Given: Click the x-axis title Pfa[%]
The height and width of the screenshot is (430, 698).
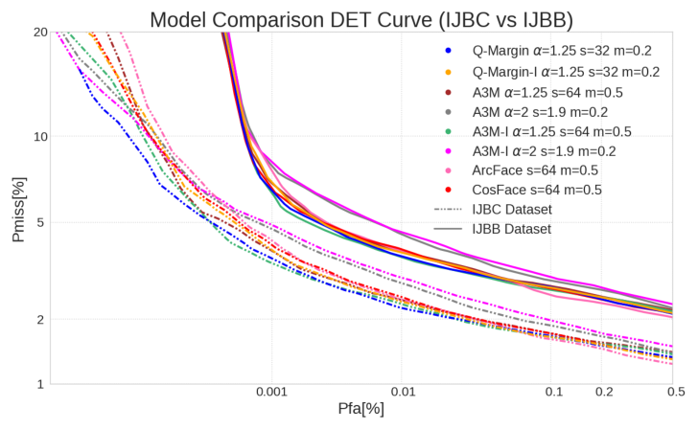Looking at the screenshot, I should pos(361,409).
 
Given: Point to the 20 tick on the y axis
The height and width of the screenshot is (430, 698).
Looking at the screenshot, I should pos(39,32).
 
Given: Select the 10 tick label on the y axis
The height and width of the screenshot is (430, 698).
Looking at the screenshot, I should pos(39,136).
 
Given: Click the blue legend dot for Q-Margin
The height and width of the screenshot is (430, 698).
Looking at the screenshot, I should pos(448,51).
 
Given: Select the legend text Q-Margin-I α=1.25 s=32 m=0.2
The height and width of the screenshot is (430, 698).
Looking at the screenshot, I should pos(566,72).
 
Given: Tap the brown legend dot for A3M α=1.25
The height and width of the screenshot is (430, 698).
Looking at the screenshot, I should pos(448,93).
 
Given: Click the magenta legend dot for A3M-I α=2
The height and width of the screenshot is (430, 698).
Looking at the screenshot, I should pos(448,150).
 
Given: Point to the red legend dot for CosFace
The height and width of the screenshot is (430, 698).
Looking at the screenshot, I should pos(448,191).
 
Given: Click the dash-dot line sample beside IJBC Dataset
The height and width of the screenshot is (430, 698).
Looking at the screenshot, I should pos(448,209).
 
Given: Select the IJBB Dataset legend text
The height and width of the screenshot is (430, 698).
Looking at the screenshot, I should pos(512,229).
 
